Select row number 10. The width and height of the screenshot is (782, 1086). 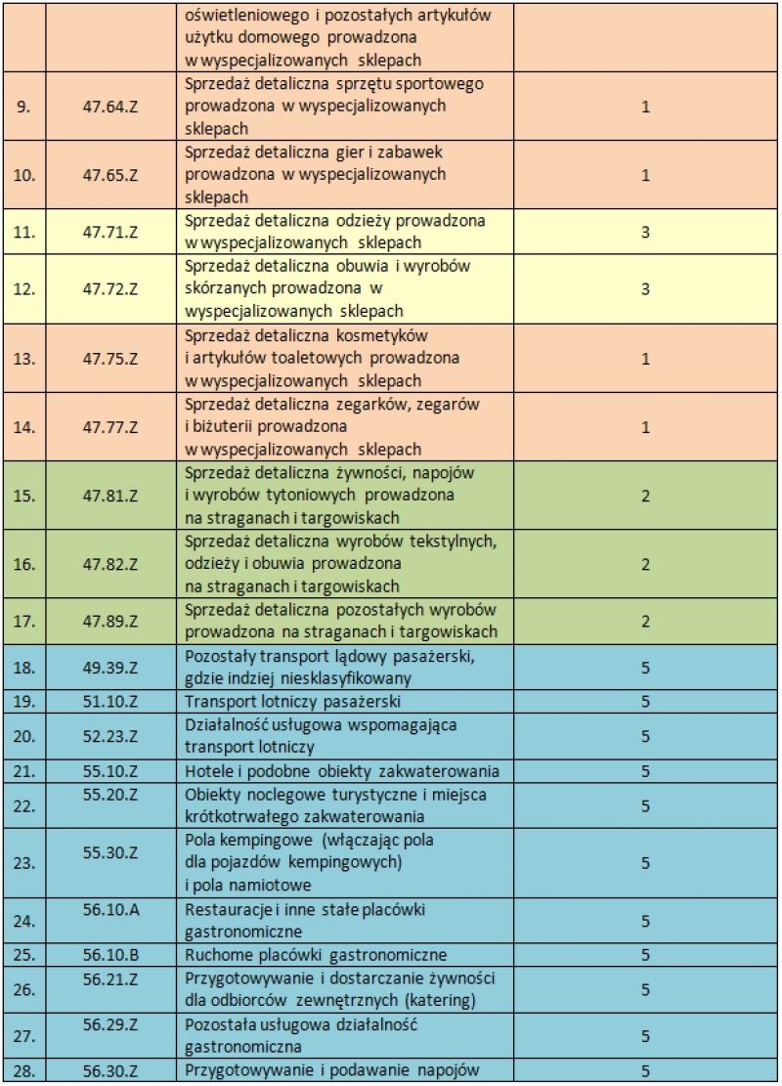coord(24,175)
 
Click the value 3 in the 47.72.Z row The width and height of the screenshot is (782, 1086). coord(645,289)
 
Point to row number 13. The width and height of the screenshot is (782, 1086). coord(24,359)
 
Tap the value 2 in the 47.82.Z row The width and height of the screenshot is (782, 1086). coord(645,564)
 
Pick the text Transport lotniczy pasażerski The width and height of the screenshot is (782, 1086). coord(292,702)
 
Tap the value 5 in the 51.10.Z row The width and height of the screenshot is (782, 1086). coord(645,702)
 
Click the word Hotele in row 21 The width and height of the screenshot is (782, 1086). coord(207,771)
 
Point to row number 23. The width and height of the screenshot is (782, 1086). coord(24,863)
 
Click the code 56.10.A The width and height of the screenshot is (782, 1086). coord(111,910)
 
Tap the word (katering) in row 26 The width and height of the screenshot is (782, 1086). coord(438,999)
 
